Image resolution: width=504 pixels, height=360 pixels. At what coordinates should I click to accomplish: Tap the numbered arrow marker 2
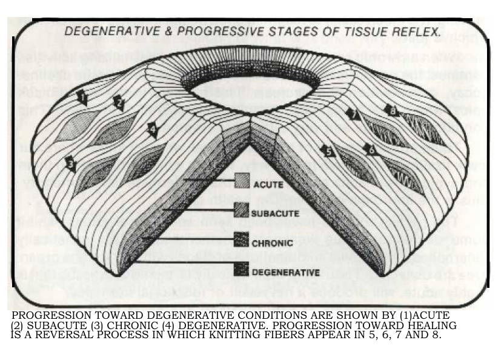(x=119, y=104)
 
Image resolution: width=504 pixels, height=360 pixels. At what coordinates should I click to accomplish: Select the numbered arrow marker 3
(x=70, y=164)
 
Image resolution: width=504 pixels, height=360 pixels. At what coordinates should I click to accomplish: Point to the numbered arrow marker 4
(x=151, y=129)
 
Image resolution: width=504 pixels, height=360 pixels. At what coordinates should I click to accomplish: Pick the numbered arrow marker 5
(x=328, y=152)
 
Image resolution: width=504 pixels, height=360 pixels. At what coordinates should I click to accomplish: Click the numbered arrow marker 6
(x=371, y=150)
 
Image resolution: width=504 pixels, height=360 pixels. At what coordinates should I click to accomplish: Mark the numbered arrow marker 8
(x=392, y=110)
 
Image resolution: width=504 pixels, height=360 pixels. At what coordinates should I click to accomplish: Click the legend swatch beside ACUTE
(x=242, y=181)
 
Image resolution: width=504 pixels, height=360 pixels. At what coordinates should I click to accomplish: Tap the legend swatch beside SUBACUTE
(x=242, y=210)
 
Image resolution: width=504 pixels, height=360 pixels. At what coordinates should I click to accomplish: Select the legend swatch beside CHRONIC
(x=242, y=241)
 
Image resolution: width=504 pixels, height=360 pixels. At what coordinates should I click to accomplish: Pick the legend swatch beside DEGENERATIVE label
(x=242, y=270)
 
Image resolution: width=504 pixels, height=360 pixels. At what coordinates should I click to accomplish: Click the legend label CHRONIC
(x=273, y=243)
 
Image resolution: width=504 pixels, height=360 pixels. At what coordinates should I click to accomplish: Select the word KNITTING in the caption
(x=245, y=335)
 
